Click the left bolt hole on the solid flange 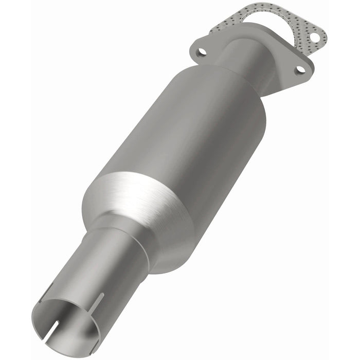202,51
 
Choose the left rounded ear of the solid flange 198,49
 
